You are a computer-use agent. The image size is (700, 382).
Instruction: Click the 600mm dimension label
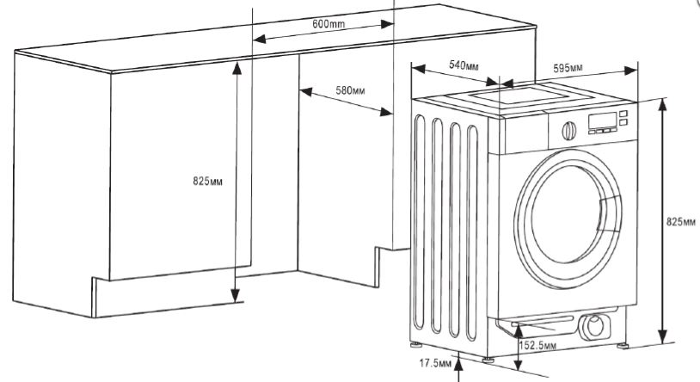click(329, 23)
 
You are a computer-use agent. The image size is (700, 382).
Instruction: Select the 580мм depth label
click(350, 90)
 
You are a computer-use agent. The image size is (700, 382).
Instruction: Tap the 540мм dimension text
click(464, 65)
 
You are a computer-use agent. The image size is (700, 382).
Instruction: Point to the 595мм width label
click(568, 68)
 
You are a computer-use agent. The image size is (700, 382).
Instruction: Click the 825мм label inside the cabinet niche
click(207, 181)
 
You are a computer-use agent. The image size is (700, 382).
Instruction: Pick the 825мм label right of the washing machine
click(681, 222)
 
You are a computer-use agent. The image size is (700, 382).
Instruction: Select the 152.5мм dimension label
click(537, 345)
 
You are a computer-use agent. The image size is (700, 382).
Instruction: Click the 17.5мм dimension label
click(435, 363)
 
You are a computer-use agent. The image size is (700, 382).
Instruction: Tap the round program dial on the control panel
click(568, 131)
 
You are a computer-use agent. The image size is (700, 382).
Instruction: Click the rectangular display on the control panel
click(603, 120)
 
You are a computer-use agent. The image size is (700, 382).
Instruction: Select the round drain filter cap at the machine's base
click(594, 326)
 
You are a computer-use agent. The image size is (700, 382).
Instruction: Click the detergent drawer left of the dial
click(523, 133)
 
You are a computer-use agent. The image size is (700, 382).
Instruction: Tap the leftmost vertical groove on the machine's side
click(419, 222)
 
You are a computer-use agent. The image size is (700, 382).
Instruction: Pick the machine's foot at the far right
click(623, 345)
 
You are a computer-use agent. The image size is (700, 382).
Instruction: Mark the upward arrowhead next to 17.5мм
click(458, 363)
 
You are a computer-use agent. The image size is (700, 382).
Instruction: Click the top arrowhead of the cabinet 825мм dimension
click(237, 68)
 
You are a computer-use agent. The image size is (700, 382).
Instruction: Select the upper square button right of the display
click(623, 114)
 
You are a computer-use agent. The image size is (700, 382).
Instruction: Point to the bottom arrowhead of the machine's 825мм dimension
click(663, 336)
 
